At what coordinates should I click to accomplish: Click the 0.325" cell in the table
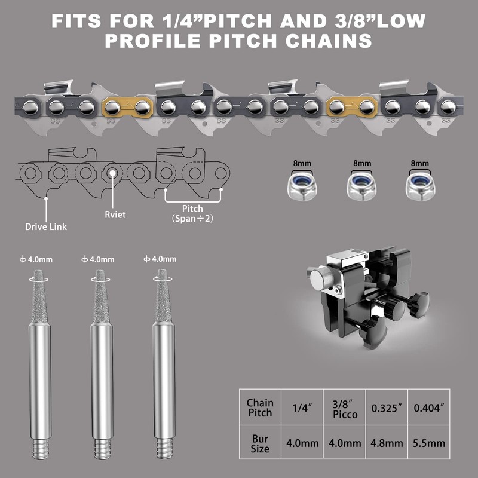(x=387, y=407)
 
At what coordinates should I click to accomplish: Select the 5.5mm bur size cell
(x=429, y=442)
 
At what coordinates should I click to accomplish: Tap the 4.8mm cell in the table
(x=387, y=442)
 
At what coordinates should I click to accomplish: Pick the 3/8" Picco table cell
(x=345, y=407)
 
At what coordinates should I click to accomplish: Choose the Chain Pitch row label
(x=260, y=407)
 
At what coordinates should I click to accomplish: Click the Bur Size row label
(x=260, y=442)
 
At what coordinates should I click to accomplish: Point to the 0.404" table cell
(x=429, y=407)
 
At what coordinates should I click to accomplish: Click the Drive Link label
(x=46, y=227)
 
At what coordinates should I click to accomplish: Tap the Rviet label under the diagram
(x=115, y=215)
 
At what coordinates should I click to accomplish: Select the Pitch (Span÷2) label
(x=192, y=213)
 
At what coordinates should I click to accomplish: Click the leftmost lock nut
(x=302, y=186)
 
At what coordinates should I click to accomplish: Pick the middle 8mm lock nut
(x=361, y=186)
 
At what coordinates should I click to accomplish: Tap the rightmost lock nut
(x=421, y=186)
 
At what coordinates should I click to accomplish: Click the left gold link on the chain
(x=127, y=107)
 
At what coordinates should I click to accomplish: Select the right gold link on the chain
(x=352, y=107)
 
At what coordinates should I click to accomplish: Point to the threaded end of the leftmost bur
(x=41, y=449)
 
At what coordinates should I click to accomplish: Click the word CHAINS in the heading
(x=329, y=41)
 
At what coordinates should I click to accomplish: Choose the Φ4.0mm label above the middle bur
(x=98, y=259)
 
